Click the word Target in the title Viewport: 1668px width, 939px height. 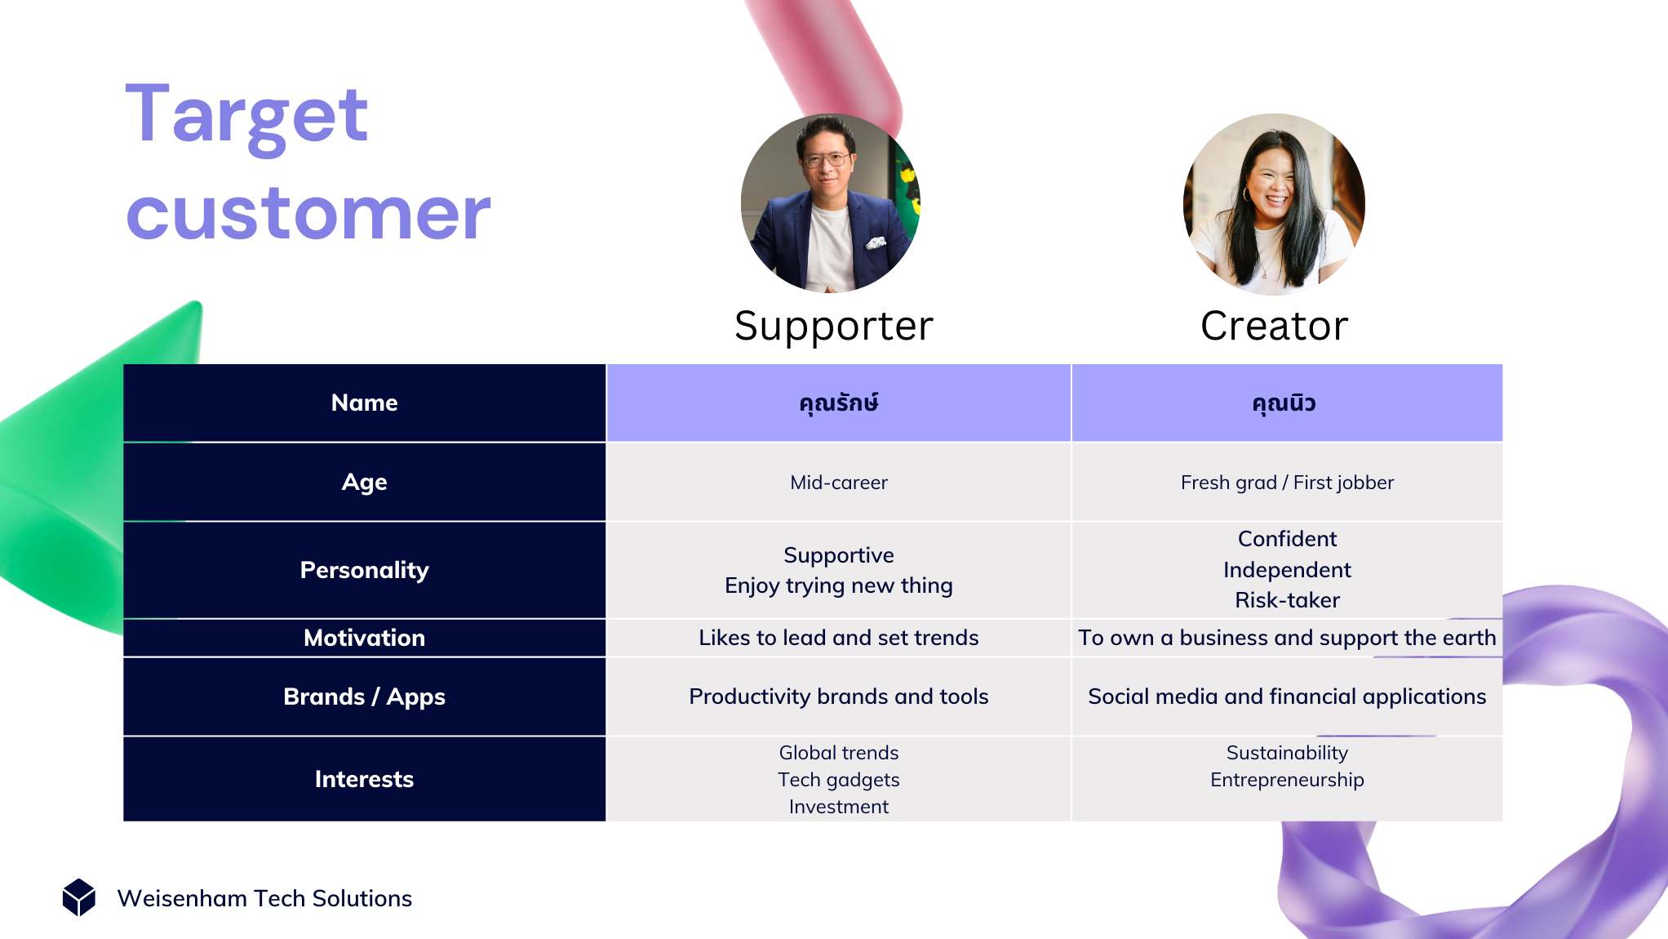[246, 117]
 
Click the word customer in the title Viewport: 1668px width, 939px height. [308, 214]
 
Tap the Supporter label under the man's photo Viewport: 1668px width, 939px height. [833, 327]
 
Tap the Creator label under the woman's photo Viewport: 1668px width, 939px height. [1274, 326]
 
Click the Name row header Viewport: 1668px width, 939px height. [365, 403]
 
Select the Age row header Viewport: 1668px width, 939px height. [365, 482]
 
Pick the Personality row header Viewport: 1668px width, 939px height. [365, 570]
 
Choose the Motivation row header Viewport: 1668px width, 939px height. [365, 638]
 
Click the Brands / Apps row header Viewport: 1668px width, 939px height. [365, 696]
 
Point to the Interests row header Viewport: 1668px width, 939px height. [365, 779]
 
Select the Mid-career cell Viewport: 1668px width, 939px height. [839, 483]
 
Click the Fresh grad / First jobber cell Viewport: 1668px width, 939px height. [1287, 483]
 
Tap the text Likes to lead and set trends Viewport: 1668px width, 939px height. [839, 638]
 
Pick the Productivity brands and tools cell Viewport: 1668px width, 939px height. [839, 696]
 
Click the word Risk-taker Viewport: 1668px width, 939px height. [1287, 600]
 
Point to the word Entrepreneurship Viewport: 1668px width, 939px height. [1287, 780]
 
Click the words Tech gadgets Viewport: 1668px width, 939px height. [839, 780]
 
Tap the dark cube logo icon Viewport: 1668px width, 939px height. [79, 897]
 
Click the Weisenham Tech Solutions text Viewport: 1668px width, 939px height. [264, 898]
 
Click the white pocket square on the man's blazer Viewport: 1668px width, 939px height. [876, 243]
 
